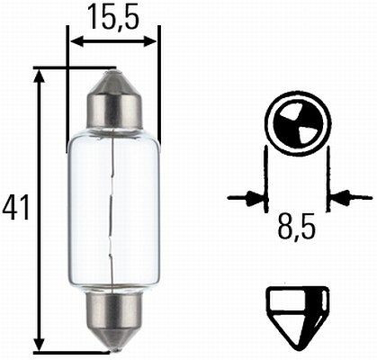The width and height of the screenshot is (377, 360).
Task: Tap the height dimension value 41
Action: coord(14,208)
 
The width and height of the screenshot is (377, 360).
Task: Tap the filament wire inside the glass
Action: coord(111,208)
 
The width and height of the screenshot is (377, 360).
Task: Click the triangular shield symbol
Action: coord(297,310)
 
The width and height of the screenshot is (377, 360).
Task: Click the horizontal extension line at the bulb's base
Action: coord(72,351)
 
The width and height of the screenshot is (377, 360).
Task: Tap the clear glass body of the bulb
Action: coord(130,208)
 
